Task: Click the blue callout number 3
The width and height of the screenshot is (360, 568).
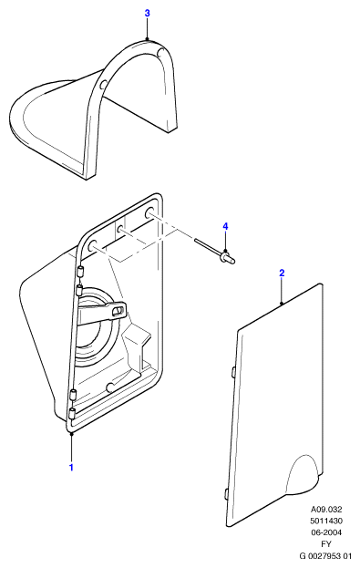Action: coord(147,14)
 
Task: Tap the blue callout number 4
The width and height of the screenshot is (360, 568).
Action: coord(225,227)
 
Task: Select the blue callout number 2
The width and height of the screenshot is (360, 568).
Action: coord(282,274)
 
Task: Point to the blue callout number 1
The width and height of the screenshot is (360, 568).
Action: coord(71,468)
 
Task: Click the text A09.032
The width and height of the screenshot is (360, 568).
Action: coord(326,510)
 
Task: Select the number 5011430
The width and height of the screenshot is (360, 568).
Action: coord(326,521)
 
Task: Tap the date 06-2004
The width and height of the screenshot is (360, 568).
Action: coord(326,532)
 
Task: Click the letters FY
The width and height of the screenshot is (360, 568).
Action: coord(326,544)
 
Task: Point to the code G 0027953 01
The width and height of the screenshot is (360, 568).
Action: coord(325,555)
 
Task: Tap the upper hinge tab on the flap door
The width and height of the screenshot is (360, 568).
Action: coord(233,373)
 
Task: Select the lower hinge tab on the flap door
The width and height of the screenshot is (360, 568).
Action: coord(226,495)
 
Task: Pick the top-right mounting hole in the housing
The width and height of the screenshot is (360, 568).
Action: coord(149,212)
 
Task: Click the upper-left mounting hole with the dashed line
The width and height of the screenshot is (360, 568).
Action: coord(91,243)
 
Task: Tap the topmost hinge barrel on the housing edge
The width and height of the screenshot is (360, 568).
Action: coord(80,271)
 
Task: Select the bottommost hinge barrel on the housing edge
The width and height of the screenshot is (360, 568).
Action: coord(72,413)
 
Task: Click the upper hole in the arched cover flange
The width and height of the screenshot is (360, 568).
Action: coord(159,52)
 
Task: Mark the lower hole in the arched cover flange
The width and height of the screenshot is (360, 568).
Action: coord(103,85)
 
